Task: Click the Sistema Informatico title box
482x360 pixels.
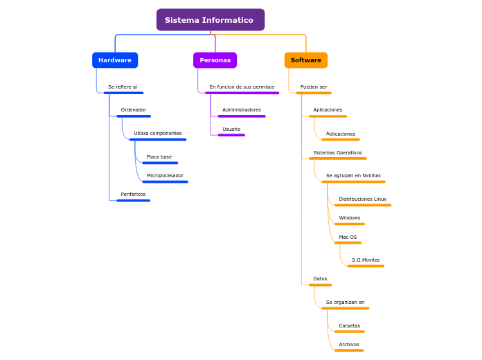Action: [210, 20]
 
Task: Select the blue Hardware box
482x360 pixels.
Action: [115, 60]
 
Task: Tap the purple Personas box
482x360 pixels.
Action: [215, 60]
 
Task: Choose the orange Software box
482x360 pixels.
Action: [305, 60]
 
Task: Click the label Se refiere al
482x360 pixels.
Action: [123, 87]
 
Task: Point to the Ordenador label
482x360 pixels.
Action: [133, 110]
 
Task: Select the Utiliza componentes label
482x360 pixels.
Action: [157, 134]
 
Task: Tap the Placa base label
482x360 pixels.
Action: [159, 157]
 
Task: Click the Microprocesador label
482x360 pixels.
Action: [165, 176]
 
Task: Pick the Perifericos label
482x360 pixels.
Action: [133, 195]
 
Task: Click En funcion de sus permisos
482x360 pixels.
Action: [242, 87]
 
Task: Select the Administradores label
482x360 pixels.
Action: [241, 110]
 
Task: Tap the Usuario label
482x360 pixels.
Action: [231, 129]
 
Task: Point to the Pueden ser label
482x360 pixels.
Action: [313, 87]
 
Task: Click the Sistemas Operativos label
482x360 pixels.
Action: [337, 153]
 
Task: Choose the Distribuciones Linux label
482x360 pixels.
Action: [362, 199]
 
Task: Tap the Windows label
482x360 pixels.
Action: [349, 218]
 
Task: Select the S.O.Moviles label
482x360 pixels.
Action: [365, 260]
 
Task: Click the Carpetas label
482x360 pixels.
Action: [349, 326]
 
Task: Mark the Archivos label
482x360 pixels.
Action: [348, 345]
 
